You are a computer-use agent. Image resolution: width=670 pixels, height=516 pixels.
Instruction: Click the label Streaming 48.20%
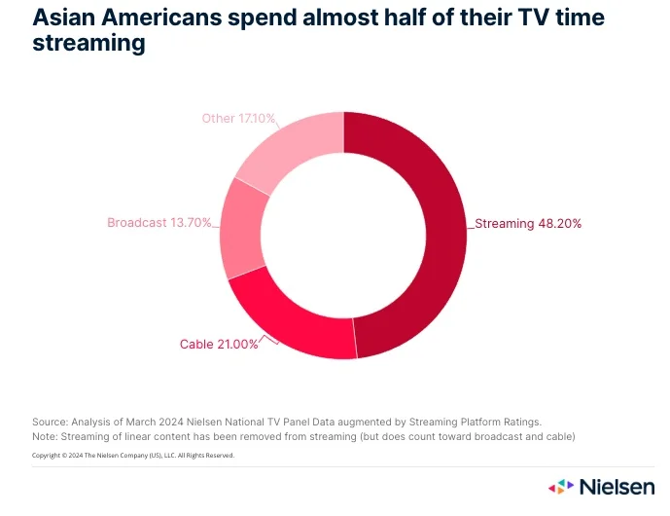[528, 223]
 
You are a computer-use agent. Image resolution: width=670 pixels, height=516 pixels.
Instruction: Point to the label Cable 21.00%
[219, 344]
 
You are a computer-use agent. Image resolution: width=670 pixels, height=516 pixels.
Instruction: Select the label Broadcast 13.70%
[159, 223]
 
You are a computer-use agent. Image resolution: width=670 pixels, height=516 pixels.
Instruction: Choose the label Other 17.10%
[238, 119]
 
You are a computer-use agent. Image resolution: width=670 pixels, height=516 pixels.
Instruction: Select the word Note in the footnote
[45, 436]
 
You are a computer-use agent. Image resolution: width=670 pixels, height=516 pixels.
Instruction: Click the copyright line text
[133, 455]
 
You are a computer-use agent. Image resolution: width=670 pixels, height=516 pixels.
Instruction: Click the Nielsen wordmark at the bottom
[617, 486]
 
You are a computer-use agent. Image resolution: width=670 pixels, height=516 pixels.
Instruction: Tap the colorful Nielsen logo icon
[561, 486]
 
